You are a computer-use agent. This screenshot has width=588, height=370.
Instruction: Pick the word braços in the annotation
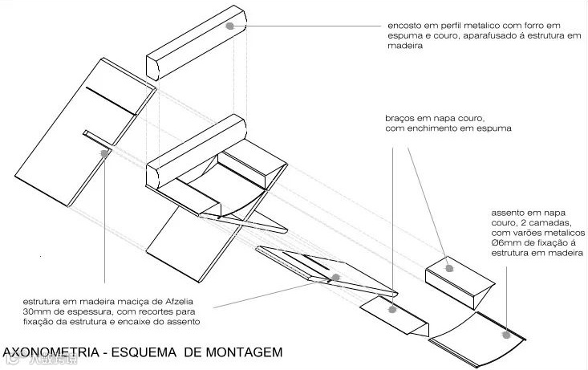tap(401, 117)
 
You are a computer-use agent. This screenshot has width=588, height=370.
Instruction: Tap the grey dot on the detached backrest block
tap(230, 26)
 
